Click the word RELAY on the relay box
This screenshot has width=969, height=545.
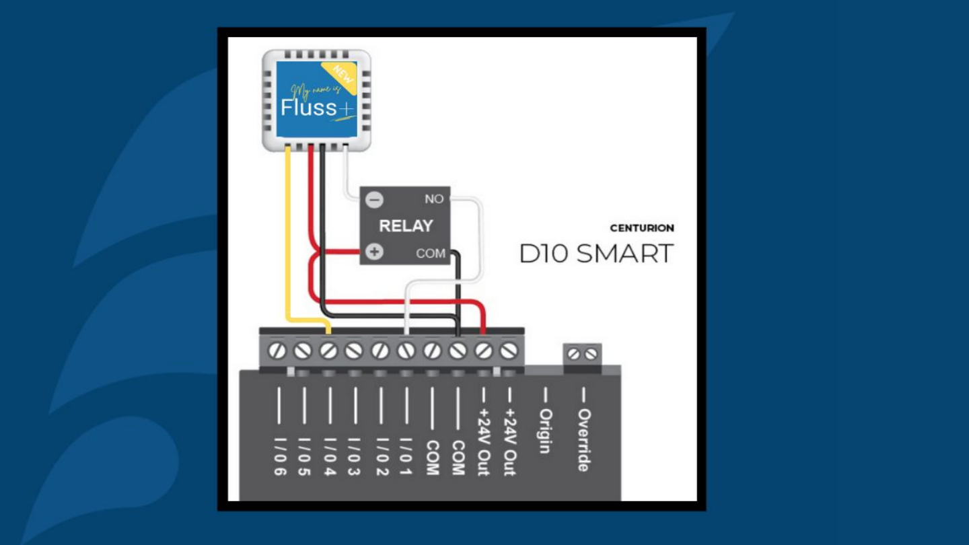(x=405, y=226)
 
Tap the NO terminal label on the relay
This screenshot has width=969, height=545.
(x=434, y=199)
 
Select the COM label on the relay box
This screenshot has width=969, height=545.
(x=431, y=254)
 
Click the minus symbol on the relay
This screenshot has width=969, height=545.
(x=375, y=200)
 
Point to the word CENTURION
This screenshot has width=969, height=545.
(x=641, y=228)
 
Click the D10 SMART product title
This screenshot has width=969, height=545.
(x=596, y=254)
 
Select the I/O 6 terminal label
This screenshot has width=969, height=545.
(x=279, y=457)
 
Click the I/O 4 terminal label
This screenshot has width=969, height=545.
(x=330, y=457)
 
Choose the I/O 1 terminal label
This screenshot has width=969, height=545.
(x=406, y=457)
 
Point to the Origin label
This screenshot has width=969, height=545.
(x=546, y=431)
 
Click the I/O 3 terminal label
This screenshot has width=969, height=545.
(x=355, y=457)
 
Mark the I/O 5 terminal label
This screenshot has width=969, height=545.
(x=304, y=457)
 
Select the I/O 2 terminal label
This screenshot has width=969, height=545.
(x=380, y=457)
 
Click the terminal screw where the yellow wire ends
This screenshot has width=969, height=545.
(x=328, y=351)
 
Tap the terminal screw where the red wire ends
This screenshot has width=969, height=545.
(x=483, y=351)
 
